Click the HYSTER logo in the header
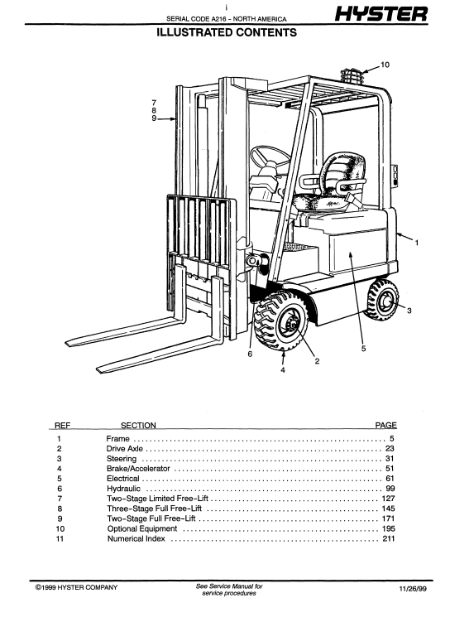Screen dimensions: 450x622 [381, 13]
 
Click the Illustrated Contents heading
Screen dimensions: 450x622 [227, 32]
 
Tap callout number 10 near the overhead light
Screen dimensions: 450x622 [385, 65]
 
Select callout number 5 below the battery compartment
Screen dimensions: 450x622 [363, 349]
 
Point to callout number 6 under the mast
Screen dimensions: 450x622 [250, 354]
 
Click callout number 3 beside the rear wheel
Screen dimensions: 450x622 [409, 311]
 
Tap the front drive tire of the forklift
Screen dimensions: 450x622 [281, 321]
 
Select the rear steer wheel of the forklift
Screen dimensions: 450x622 [381, 300]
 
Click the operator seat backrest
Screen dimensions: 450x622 [343, 168]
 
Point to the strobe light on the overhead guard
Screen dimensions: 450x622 [352, 76]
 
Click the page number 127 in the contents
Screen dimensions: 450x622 [388, 499]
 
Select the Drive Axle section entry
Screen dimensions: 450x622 [124, 449]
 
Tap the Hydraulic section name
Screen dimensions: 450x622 [123, 489]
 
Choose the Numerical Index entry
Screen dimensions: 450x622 [136, 538]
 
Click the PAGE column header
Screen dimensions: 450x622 [385, 425]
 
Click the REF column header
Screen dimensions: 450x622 [62, 425]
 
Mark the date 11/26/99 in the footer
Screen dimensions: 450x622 [413, 589]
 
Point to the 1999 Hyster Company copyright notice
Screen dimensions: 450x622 [76, 587]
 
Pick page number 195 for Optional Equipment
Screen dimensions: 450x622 [388, 528]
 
